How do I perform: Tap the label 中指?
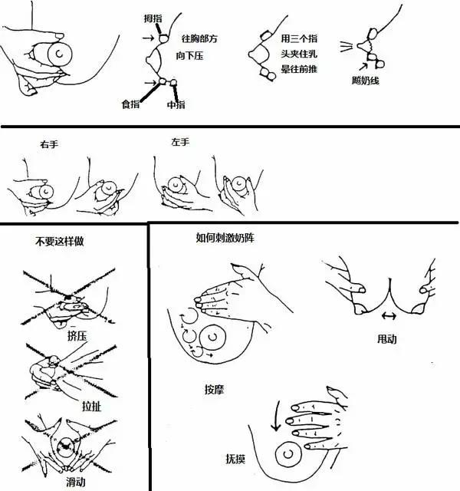175,104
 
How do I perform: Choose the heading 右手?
49,143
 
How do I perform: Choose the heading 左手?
181,142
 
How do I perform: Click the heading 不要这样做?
59,241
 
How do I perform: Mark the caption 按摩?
215,388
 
